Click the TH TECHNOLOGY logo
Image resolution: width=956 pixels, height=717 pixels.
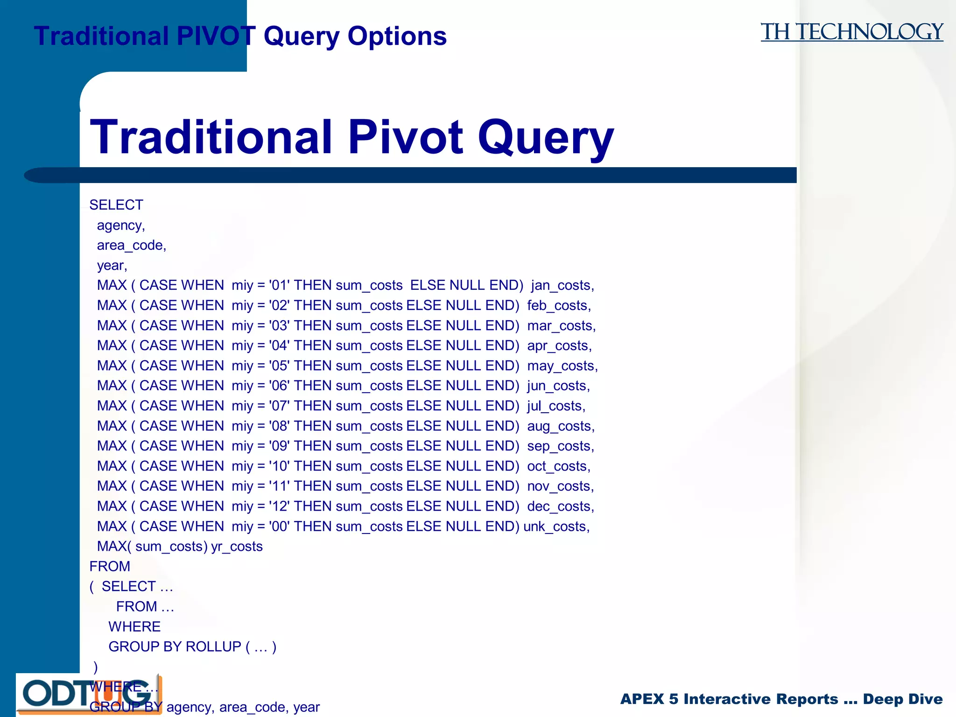851,32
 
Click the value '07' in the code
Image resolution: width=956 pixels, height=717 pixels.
279,406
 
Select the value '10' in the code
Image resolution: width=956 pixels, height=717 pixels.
279,466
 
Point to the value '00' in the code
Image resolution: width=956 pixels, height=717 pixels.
279,527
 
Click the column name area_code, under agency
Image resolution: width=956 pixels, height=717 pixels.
131,245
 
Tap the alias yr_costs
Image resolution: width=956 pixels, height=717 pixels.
237,546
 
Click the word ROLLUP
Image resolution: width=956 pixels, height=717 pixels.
213,647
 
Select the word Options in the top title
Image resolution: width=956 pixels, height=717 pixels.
397,36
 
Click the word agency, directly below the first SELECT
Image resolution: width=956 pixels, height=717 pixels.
120,225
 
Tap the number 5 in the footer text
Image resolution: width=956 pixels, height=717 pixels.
673,699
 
